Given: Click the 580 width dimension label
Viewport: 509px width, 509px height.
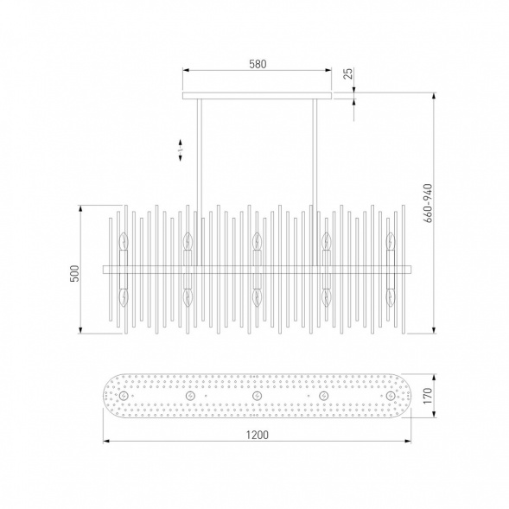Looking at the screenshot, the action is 258,64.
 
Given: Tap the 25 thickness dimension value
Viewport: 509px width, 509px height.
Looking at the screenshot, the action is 347,73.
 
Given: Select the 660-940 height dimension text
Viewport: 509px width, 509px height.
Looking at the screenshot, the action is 429,203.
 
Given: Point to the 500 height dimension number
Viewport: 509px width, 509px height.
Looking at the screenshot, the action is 74,273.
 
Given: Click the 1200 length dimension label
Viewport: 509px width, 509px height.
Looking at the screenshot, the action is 258,435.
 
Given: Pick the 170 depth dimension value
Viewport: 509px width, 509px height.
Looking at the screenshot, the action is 428,396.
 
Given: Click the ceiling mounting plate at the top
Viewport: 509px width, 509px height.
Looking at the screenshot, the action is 257,95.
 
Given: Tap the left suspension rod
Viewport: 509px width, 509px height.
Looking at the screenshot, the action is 200,182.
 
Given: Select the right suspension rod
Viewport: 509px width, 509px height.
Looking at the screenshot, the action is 315,182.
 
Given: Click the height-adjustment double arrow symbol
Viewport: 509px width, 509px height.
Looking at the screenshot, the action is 180,150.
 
